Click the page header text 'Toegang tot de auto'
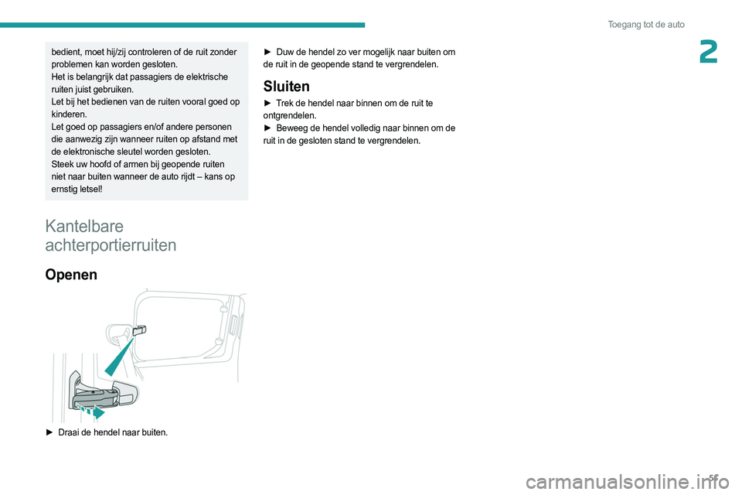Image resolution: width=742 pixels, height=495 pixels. tap(645, 25)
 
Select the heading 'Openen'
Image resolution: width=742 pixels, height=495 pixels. tap(71, 274)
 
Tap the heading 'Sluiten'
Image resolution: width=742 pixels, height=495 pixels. tap(287, 86)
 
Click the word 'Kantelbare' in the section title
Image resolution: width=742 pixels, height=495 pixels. tap(83, 226)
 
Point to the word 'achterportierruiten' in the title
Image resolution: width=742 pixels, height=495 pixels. tap(111, 245)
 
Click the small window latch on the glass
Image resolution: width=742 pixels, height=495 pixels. tap(139, 331)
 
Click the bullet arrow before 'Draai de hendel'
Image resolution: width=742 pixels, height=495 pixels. tap(49, 432)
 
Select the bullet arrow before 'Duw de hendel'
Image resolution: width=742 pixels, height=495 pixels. tap(267, 52)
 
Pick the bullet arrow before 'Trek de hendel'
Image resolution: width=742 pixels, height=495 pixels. tap(267, 103)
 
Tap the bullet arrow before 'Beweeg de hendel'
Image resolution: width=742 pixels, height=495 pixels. tap(267, 128)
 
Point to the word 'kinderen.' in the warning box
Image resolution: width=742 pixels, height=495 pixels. tap(70, 114)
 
